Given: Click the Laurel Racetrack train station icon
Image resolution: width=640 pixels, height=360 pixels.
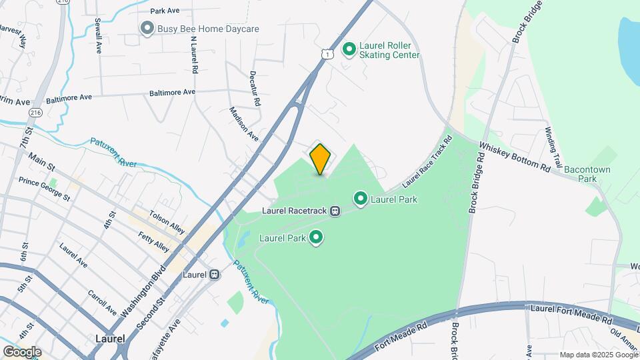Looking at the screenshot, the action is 335,211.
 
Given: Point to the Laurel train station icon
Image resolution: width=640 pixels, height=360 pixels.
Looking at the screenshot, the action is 215,274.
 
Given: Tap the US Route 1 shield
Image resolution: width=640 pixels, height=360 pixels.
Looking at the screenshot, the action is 324,53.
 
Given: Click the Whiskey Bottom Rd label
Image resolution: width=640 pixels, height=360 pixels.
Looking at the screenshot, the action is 515,157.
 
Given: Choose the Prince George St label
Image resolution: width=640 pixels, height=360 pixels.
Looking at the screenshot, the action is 44,189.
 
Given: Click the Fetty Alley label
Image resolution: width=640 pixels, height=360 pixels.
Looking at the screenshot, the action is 154,241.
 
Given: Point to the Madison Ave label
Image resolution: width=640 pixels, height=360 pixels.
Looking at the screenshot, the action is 243,123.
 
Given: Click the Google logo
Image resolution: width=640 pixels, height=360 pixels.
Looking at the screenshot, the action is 22,351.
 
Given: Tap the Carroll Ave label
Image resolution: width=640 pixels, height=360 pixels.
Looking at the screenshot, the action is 102,303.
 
